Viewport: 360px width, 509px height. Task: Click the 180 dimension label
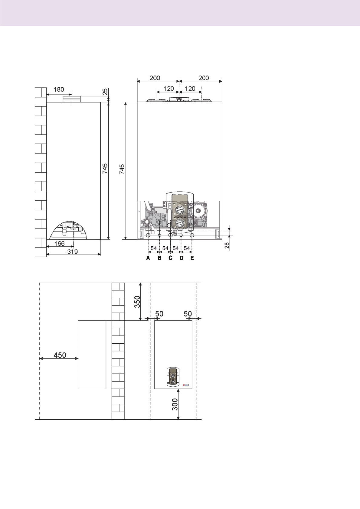[x=59, y=89]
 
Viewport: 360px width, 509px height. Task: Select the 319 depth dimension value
[x=73, y=251]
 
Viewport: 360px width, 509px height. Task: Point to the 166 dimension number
[x=60, y=244]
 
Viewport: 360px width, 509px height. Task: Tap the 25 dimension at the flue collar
[x=105, y=92]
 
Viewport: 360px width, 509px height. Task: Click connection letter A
[x=148, y=258]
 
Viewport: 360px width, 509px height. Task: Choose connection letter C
[x=170, y=258]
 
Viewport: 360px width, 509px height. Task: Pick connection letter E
[x=192, y=258]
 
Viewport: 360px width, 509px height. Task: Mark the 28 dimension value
[x=227, y=245]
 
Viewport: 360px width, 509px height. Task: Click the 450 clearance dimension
[x=60, y=355]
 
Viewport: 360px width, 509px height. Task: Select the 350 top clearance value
[x=137, y=302]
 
